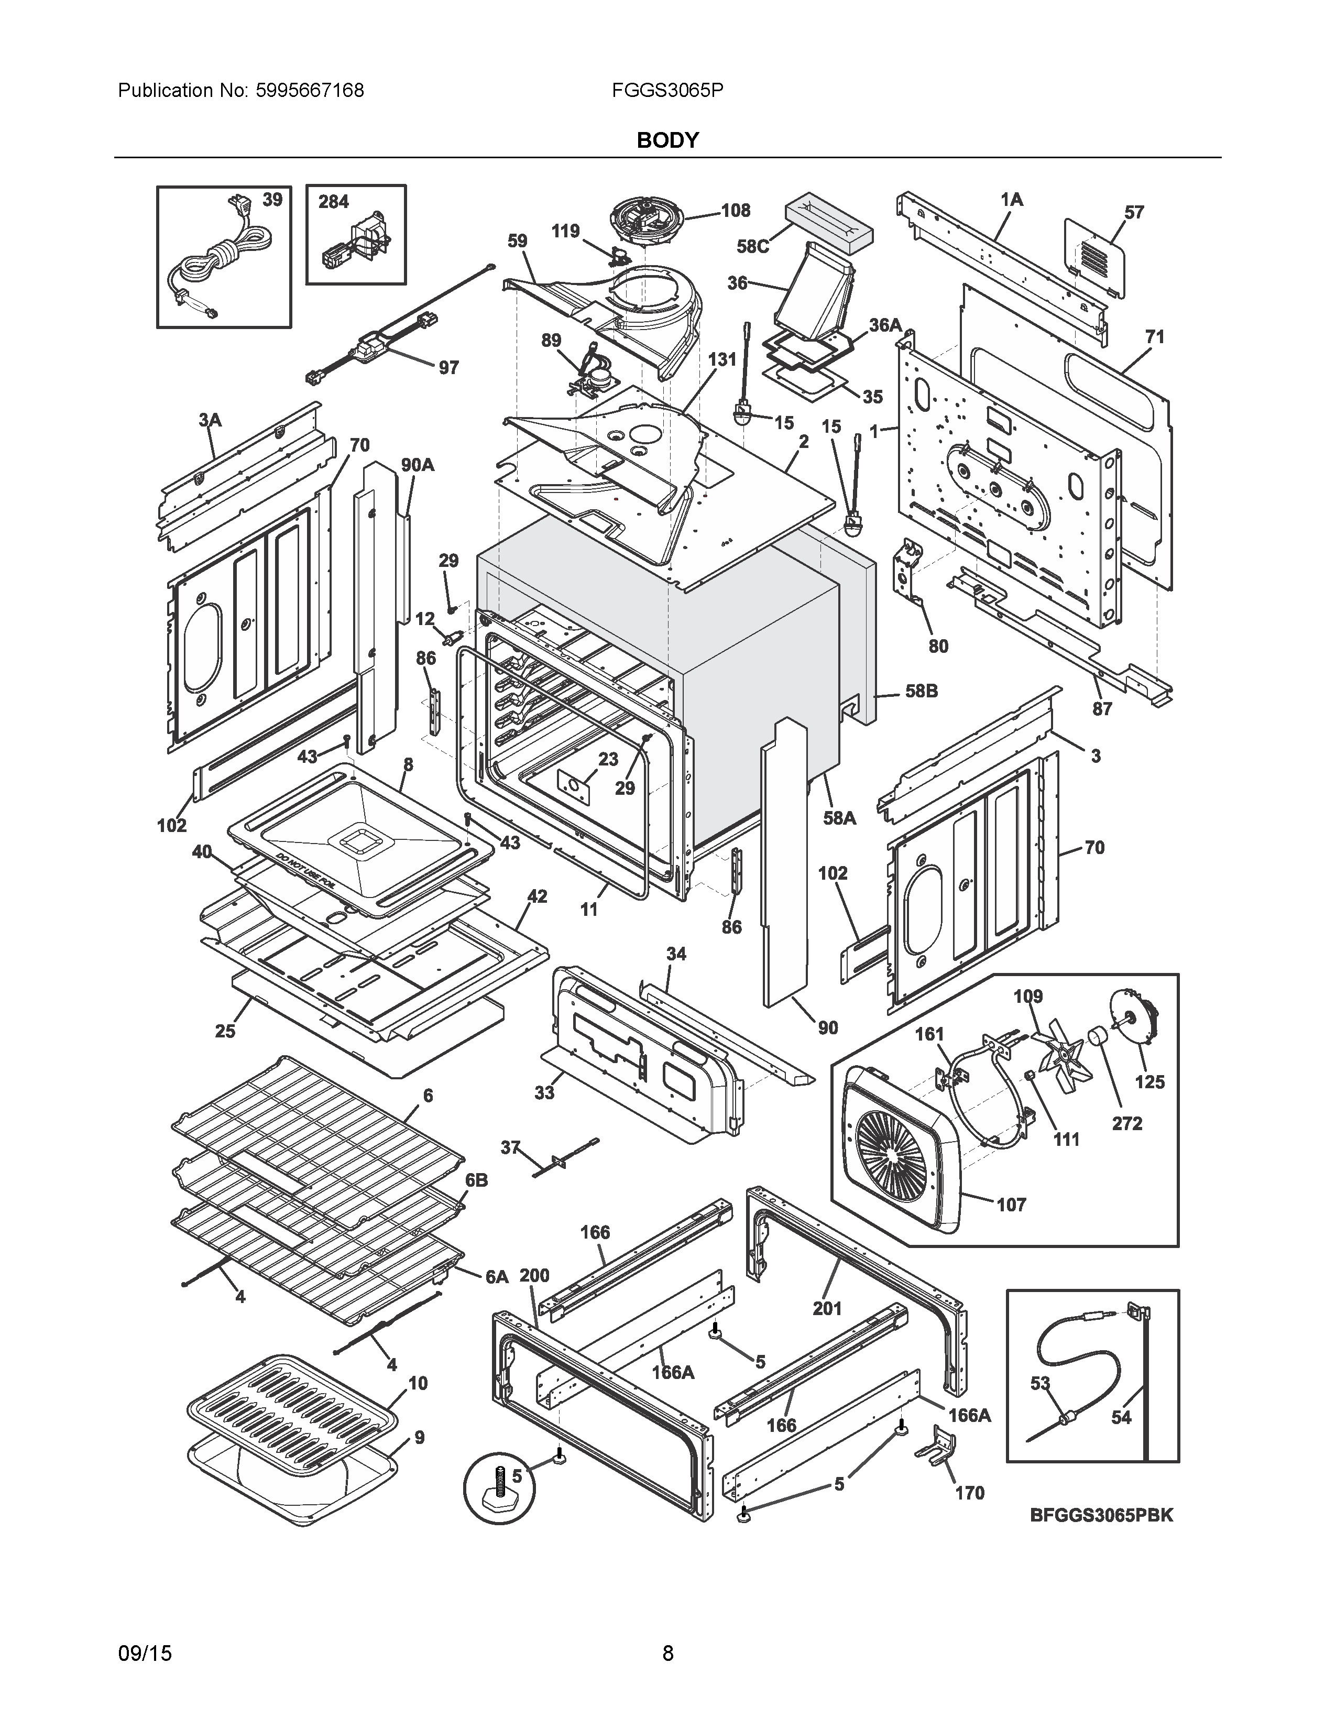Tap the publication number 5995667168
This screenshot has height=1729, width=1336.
(x=310, y=90)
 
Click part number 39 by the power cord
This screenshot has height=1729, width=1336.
(x=272, y=200)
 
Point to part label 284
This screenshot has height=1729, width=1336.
(x=333, y=202)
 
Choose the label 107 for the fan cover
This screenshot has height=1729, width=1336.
(x=1011, y=1205)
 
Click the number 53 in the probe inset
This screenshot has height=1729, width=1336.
(x=1040, y=1383)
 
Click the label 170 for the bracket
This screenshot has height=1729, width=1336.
(x=970, y=1493)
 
